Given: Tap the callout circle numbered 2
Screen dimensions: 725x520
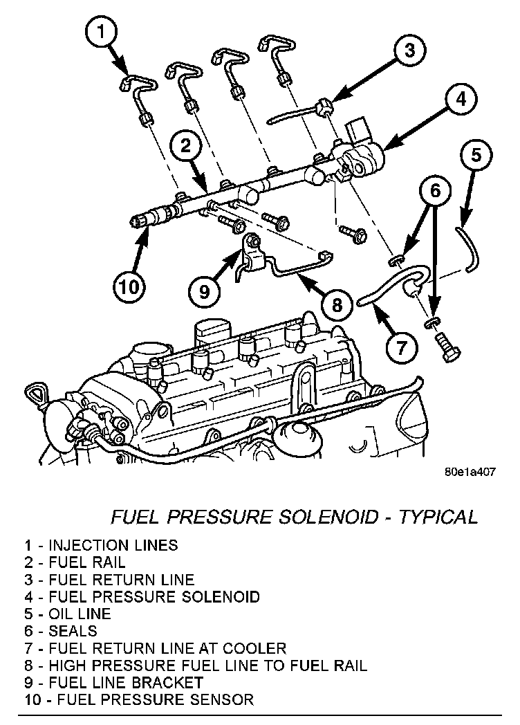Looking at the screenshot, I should tap(185, 145).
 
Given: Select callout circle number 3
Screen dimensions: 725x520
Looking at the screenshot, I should tap(409, 50).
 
